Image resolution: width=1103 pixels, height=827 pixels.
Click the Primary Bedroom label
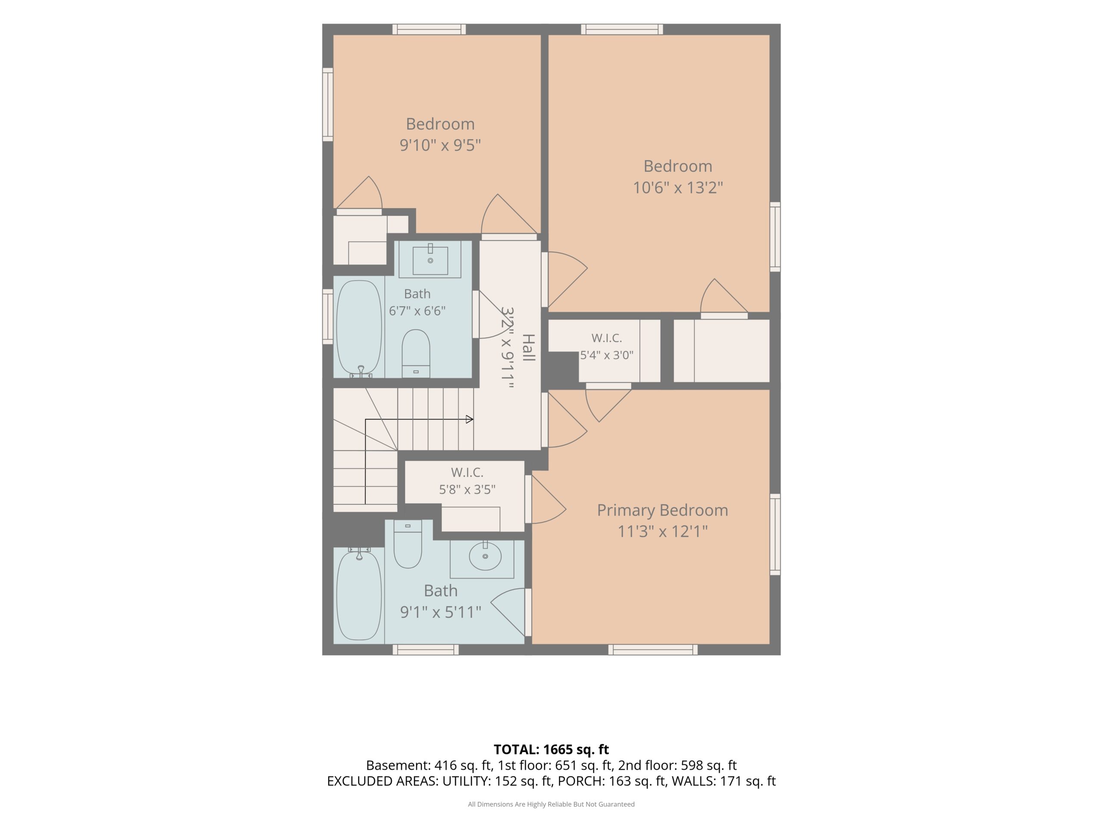click(662, 510)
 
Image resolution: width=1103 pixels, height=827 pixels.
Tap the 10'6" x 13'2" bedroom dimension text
click(678, 187)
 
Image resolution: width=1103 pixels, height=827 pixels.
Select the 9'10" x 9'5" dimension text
click(440, 145)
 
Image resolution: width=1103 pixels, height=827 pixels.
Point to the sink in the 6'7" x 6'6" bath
click(430, 259)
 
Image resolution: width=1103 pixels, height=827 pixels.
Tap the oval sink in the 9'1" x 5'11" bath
click(485, 556)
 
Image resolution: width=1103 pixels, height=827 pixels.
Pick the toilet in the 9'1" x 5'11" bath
click(408, 544)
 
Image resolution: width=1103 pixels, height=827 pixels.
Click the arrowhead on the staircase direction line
click(469, 419)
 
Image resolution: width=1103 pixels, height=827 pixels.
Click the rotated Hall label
click(529, 348)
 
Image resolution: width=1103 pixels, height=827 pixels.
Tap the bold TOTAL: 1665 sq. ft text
click(551, 749)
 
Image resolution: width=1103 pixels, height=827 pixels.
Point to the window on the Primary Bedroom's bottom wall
click(653, 650)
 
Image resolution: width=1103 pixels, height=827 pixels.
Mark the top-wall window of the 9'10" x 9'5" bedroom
click(429, 29)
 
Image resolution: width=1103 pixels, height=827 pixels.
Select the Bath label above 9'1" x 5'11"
click(440, 590)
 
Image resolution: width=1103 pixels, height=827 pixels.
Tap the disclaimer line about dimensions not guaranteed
click(551, 804)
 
